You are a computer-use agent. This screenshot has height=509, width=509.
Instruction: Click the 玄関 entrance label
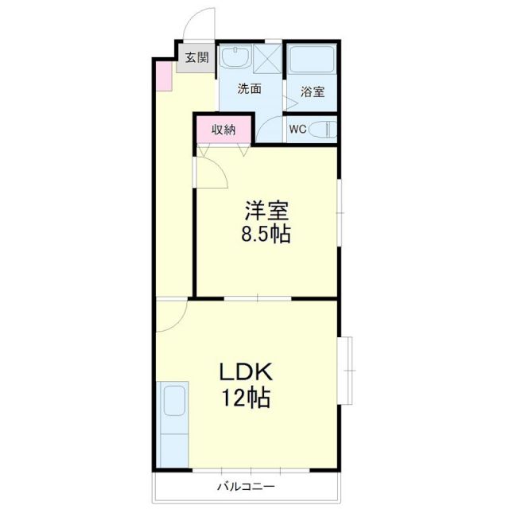[196, 57]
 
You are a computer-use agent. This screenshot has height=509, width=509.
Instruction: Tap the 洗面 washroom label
[250, 89]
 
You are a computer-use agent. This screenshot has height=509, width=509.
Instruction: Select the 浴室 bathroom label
[313, 91]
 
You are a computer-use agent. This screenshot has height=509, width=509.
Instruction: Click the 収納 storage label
[223, 130]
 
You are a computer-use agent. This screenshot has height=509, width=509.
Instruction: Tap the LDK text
[247, 371]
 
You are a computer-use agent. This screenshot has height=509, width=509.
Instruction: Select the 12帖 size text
[247, 397]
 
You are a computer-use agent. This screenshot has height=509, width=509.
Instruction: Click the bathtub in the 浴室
[312, 60]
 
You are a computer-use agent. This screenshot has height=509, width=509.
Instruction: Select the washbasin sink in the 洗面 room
[235, 57]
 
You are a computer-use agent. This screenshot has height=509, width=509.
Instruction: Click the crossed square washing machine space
[268, 57]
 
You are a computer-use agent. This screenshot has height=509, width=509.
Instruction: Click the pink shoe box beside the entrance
[162, 75]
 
